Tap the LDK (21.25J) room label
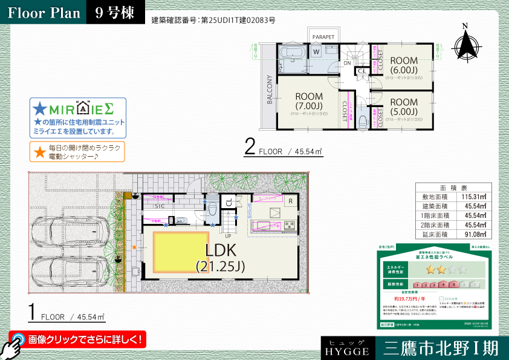pos(220,257)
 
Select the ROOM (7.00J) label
pos(309,100)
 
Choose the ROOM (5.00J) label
pos(404,107)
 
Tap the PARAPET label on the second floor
pos(323,37)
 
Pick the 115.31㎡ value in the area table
pos(475,197)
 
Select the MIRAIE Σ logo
pos(79,110)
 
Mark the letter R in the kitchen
pos(291,201)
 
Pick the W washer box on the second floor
pos(316,52)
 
